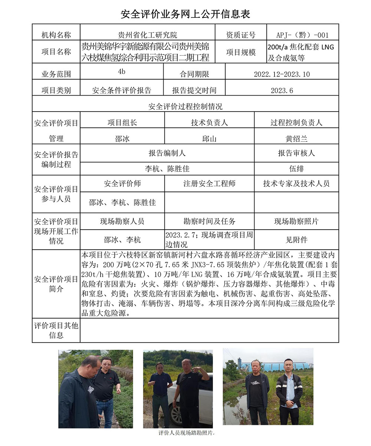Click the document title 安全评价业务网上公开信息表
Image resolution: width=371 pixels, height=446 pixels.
click(185, 14)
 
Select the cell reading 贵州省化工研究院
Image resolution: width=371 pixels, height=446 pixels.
click(147, 35)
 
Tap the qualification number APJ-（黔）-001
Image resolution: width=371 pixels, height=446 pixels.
click(302, 35)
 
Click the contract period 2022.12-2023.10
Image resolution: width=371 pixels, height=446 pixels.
click(282, 74)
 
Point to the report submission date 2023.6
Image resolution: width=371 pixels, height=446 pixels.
click(282, 90)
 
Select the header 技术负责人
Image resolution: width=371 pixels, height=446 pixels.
click(209, 123)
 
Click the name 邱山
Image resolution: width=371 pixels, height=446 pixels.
click(209, 139)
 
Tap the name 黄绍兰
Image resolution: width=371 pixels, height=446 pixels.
click(296, 139)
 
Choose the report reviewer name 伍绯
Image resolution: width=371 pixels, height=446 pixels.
click(296, 169)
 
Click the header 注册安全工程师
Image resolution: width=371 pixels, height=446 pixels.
click(209, 183)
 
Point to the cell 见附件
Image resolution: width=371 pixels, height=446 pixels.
click(296, 240)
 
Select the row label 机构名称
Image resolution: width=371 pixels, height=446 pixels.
click(56, 35)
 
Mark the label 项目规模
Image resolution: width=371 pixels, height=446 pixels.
click(240, 52)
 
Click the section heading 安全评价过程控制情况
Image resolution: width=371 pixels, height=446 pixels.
click(185, 107)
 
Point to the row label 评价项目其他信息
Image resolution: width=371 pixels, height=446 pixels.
click(56, 330)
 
